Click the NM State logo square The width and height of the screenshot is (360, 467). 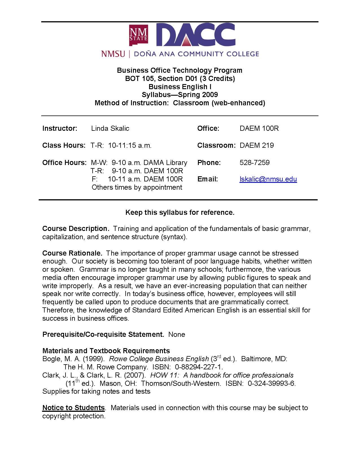[x=138, y=35]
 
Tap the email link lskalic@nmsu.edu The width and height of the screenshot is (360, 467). [x=268, y=179]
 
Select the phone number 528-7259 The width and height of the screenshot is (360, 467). [x=254, y=163]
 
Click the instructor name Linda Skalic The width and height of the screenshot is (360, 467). [x=110, y=128]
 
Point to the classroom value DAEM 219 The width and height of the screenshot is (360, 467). [x=257, y=145]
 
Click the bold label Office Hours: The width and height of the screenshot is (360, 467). [x=64, y=163]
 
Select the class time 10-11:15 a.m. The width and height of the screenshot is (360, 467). [x=130, y=145]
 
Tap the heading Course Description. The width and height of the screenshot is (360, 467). [x=75, y=229]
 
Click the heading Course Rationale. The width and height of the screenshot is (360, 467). [x=72, y=253]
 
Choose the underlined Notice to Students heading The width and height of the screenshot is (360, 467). [x=73, y=408]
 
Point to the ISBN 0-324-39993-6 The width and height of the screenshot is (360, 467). [x=272, y=384]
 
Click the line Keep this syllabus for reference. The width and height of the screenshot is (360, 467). [x=180, y=213]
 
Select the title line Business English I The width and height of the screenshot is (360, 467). [x=180, y=87]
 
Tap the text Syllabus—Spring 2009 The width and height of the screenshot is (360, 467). [x=180, y=95]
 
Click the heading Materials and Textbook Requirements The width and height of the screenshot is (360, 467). [x=106, y=351]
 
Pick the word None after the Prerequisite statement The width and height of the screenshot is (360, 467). [x=177, y=335]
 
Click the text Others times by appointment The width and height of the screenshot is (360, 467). [x=137, y=187]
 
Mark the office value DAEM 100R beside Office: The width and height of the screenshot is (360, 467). [x=259, y=128]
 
